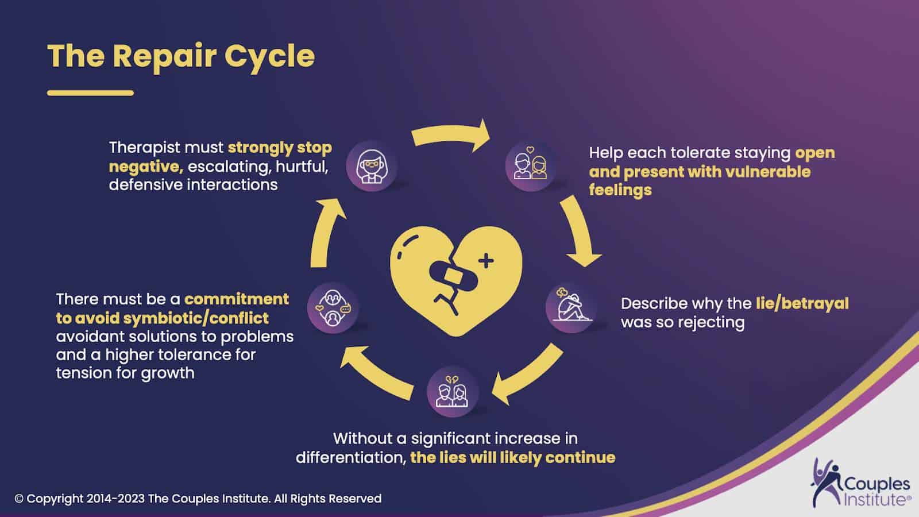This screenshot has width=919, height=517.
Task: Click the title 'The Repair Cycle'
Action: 181,56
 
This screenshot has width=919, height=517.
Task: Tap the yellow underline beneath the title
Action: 90,92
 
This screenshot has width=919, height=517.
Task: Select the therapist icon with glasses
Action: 371,165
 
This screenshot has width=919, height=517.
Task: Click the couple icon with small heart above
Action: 531,165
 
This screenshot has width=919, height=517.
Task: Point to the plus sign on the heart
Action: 486,261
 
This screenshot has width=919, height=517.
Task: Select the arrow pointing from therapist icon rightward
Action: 451,137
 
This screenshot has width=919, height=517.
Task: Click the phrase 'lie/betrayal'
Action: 802,303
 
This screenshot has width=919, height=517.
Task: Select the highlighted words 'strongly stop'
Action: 280,148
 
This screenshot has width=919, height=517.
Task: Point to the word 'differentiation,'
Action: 351,458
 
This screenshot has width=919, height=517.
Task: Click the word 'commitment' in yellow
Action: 237,299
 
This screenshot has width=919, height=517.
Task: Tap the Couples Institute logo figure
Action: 825,481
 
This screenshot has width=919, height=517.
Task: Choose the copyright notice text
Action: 198,499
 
